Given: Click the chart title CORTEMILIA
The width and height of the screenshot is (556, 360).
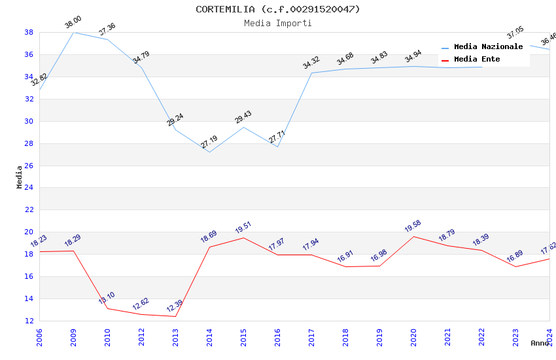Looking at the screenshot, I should coord(277,9).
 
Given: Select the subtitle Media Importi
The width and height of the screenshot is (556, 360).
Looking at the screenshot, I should coord(277,24).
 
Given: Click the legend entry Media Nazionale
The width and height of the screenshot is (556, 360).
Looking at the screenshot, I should coord(488,47).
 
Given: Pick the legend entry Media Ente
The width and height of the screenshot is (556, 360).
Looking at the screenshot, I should coord(477,60).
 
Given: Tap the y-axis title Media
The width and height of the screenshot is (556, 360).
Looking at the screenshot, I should coord(20,177).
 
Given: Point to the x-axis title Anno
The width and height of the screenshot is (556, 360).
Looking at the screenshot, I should coord(540,343).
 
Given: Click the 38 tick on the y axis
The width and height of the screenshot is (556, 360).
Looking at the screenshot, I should coord(29,32).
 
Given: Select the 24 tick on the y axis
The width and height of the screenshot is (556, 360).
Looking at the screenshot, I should coord(29,188).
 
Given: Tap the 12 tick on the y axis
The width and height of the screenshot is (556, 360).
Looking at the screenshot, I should coord(29,321).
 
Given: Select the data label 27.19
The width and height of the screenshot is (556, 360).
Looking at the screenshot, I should coord(209,142).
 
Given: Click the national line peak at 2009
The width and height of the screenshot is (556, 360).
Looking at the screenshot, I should coord(73,32).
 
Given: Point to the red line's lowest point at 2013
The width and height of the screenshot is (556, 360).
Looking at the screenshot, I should coord(175,317).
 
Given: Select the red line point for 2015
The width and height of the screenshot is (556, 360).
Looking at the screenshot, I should coord(243,238).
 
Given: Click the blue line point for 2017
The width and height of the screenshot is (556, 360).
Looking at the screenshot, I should coord(311,73).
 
